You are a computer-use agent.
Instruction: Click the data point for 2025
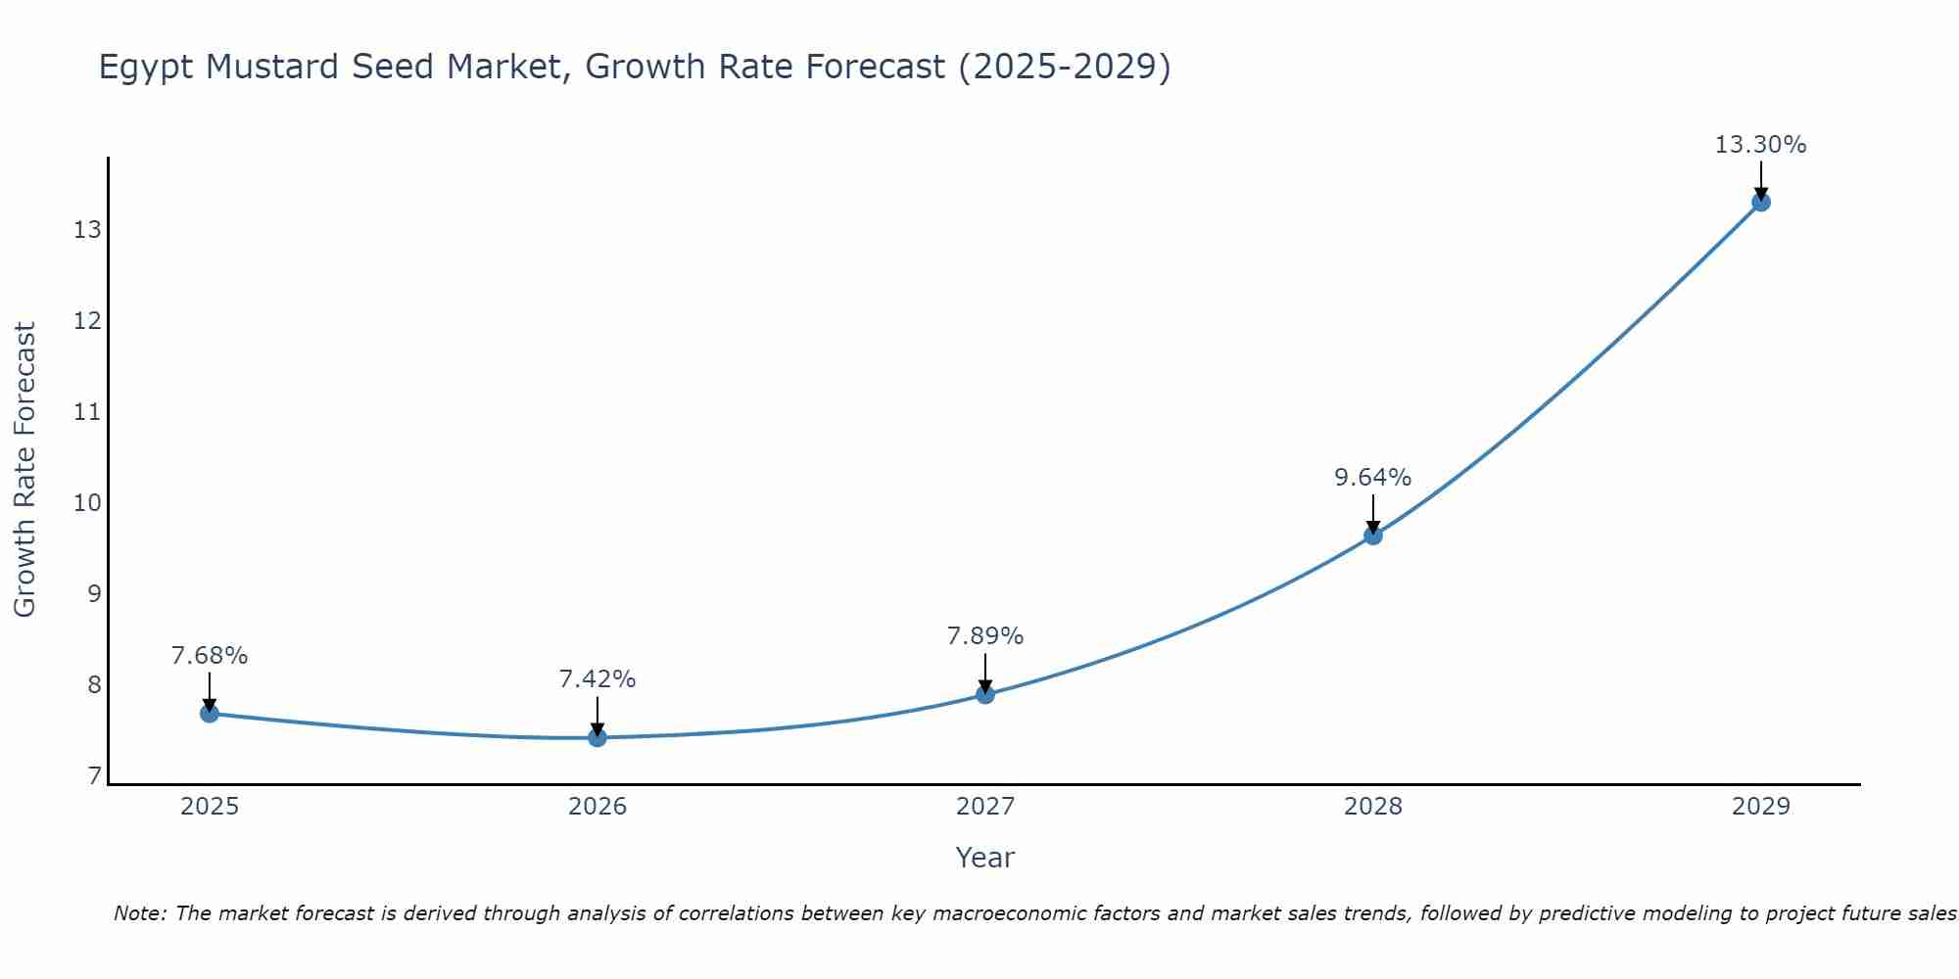point(210,714)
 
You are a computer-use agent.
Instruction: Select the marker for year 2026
point(597,737)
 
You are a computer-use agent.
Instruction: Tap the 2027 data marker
point(985,694)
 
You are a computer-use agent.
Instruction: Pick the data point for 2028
point(1373,536)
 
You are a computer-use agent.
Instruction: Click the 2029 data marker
point(1761,203)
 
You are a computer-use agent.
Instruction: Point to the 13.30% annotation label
point(1760,145)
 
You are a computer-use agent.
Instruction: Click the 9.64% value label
point(1372,478)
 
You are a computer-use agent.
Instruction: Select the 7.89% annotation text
point(984,636)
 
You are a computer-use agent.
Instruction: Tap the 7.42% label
point(597,679)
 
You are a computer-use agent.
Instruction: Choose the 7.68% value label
point(210,656)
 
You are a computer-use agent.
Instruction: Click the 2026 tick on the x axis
point(597,807)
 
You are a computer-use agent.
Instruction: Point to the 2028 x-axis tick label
point(1373,807)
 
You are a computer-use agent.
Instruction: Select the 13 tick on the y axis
point(87,230)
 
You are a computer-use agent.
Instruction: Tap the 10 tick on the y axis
point(87,503)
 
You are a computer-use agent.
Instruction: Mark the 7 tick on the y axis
point(94,776)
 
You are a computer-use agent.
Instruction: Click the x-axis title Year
point(984,858)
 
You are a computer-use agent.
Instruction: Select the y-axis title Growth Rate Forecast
point(24,470)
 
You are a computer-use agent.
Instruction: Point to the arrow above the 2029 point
point(1761,179)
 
